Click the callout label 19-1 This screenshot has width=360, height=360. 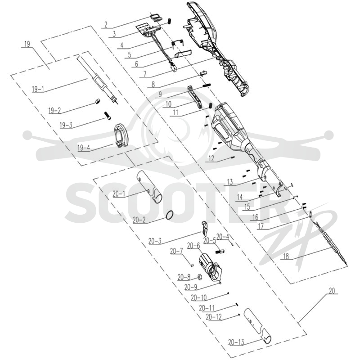tap(38, 89)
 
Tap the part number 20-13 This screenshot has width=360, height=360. tap(236, 342)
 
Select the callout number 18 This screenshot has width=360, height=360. tap(286, 256)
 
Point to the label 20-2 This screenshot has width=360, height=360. tap(139, 220)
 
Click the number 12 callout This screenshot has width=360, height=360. tap(211, 158)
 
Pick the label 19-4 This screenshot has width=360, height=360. tap(84, 148)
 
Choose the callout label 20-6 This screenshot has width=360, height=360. tap(193, 246)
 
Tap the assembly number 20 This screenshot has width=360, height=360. tap(332, 291)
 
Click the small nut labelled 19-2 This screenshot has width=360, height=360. tap(98, 101)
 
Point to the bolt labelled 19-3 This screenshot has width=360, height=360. tap(108, 115)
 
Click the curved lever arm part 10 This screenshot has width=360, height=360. tap(195, 97)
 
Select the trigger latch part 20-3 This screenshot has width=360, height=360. tap(205, 229)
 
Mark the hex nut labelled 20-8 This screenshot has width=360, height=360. tap(200, 278)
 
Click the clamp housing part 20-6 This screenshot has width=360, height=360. tap(210, 267)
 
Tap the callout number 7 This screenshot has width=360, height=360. tap(144, 74)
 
